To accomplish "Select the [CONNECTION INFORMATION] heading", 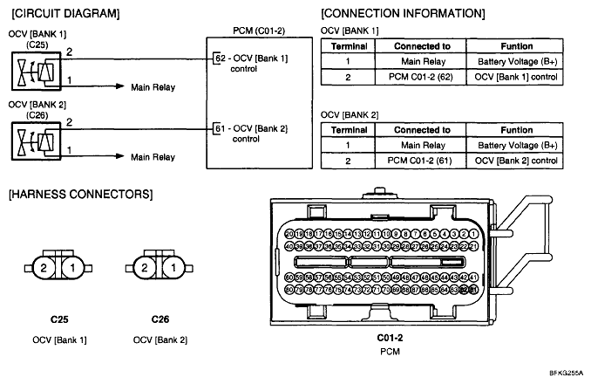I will tap(403, 14).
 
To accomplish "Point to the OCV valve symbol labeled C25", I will tap(31, 69).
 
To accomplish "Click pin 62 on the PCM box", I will tap(219, 58).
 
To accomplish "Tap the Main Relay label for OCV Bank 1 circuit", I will tap(153, 87).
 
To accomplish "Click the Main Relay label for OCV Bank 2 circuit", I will tap(153, 158).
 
